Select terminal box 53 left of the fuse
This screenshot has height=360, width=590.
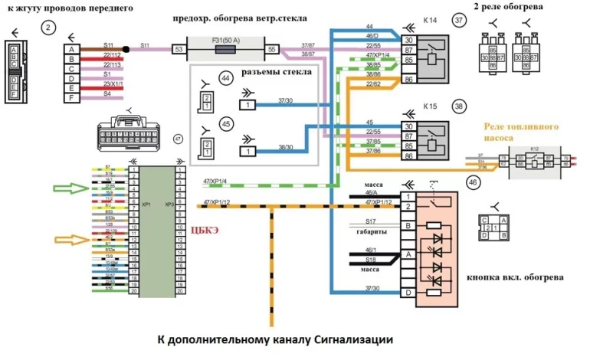179,49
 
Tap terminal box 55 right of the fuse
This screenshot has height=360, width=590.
271,49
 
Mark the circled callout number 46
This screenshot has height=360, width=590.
474,182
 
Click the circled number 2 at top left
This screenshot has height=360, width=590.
50,28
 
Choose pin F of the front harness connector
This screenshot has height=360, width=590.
71,98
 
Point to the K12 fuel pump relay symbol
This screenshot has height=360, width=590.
535,162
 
